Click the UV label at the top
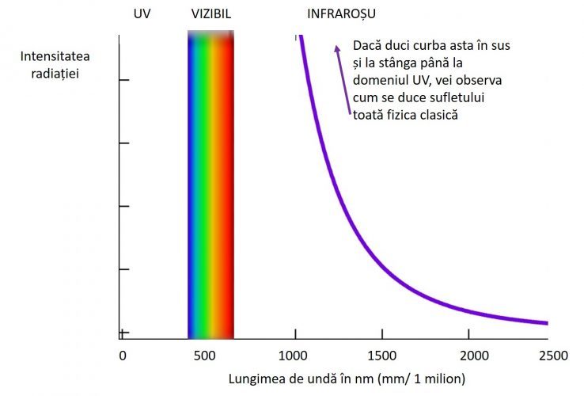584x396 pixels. [x=142, y=14]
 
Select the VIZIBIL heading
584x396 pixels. [x=211, y=14]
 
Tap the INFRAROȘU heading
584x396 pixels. [x=341, y=14]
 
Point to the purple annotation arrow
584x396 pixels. [x=342, y=79]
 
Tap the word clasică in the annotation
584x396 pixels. [x=438, y=115]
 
